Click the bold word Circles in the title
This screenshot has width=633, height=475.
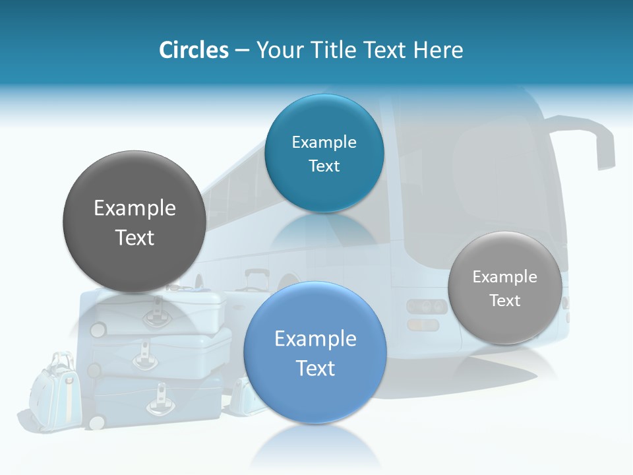click(x=193, y=50)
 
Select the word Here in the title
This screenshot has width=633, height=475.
click(x=438, y=50)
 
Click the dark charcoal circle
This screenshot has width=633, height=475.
click(x=134, y=222)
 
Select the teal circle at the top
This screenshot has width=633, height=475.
click(x=324, y=153)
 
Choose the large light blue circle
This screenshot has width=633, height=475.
click(x=315, y=352)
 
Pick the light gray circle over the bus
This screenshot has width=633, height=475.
click(x=504, y=288)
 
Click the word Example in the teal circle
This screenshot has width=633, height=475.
click(x=324, y=142)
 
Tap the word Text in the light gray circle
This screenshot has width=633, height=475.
click(x=504, y=301)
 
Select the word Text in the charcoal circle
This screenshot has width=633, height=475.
click(x=135, y=237)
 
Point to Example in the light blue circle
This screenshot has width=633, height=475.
click(x=315, y=339)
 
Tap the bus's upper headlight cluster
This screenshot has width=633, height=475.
click(x=426, y=307)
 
